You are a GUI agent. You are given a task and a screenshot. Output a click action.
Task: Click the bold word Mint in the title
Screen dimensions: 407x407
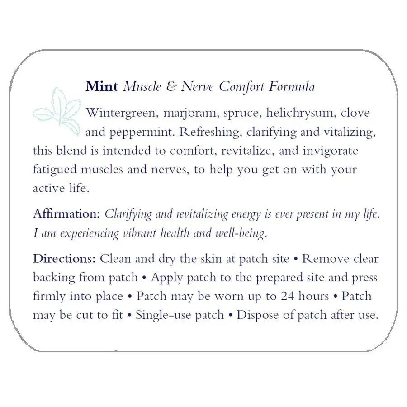tap(102, 86)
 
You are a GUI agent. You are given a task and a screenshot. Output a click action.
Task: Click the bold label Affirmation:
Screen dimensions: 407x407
tap(66, 214)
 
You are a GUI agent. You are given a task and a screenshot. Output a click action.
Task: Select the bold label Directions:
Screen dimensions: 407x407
tap(64, 259)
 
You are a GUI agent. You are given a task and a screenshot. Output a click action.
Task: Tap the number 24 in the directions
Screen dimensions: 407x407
tap(288, 296)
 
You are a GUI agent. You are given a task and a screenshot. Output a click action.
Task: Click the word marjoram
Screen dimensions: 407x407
tap(183, 113)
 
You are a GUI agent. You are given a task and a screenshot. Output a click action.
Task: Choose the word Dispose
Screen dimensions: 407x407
tap(257, 315)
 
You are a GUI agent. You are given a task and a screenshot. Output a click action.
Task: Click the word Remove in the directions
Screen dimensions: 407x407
tap(325, 259)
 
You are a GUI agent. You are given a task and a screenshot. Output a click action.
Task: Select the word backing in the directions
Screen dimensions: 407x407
tap(53, 278)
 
